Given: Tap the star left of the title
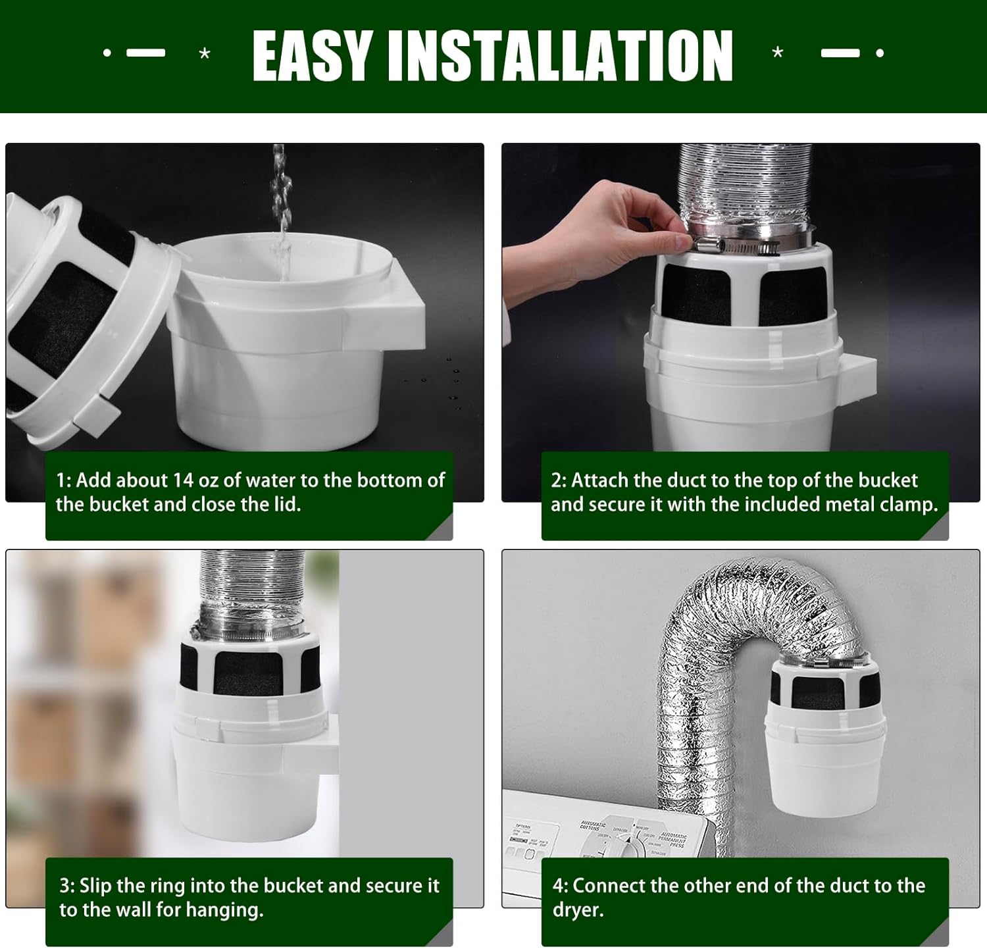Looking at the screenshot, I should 205,53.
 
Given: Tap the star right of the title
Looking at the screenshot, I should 778,53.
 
